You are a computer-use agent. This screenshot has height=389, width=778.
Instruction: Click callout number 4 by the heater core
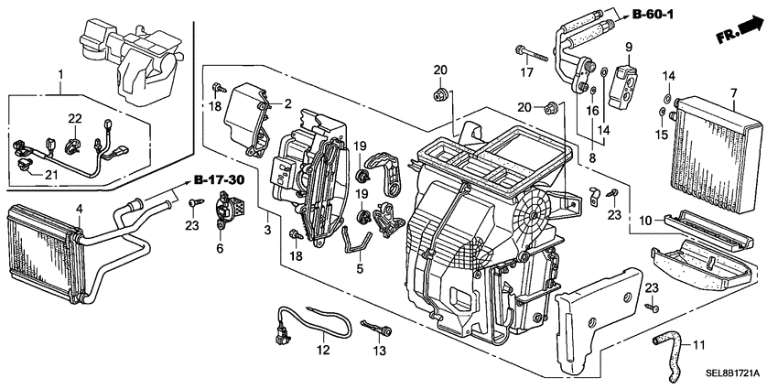coord(80,210)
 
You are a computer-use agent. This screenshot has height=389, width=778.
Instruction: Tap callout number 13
coord(377,351)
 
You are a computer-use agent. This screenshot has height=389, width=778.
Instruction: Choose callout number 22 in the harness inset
coord(75,118)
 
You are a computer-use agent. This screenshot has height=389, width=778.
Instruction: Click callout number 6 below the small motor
coord(221,247)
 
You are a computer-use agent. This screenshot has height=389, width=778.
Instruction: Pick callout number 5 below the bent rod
coord(360,269)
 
